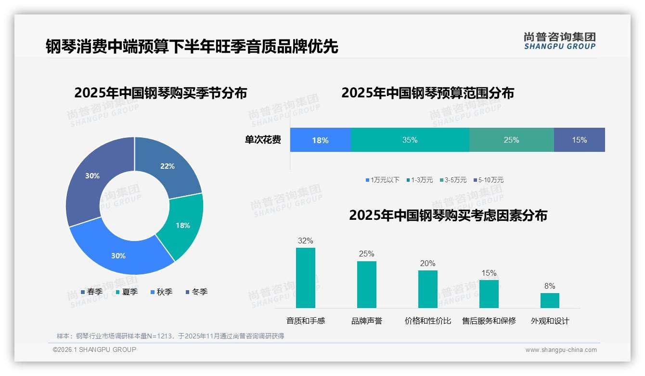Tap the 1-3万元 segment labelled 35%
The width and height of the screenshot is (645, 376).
pyautogui.click(x=410, y=140)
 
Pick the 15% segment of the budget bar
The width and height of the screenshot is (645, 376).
pyautogui.click(x=579, y=140)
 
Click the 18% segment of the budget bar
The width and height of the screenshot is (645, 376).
pyautogui.click(x=320, y=140)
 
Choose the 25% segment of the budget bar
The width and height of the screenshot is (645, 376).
pyautogui.click(x=511, y=140)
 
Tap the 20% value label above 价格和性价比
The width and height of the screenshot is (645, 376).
pyautogui.click(x=427, y=263)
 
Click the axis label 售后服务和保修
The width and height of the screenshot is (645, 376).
pyautogui.click(x=489, y=321)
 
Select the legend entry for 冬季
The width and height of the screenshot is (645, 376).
pyautogui.click(x=196, y=292)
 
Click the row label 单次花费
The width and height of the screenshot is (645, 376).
pyautogui.click(x=263, y=140)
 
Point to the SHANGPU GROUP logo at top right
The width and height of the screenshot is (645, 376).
pyautogui.click(x=559, y=40)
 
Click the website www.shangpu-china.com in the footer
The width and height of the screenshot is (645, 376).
pyautogui.click(x=561, y=349)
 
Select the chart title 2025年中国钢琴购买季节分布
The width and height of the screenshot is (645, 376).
pyautogui.click(x=160, y=93)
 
